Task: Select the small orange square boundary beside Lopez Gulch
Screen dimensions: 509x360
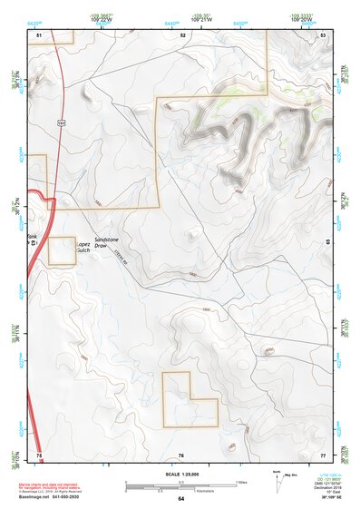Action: [62, 251]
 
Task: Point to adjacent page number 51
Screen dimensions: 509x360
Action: [39, 34]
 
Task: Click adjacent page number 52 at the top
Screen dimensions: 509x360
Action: [182, 34]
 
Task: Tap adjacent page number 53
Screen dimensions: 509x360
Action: [323, 34]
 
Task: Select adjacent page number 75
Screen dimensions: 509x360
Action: [39, 454]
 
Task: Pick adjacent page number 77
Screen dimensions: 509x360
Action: [323, 454]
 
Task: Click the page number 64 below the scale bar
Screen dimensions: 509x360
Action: [181, 499]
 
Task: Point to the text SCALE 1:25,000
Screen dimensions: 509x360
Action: [181, 475]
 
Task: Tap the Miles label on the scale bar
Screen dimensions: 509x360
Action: [240, 482]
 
